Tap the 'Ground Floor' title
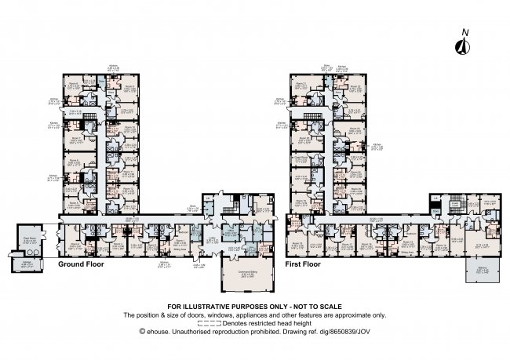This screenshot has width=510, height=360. pyautogui.click(x=82, y=265)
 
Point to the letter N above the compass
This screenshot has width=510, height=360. pyautogui.click(x=464, y=32)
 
